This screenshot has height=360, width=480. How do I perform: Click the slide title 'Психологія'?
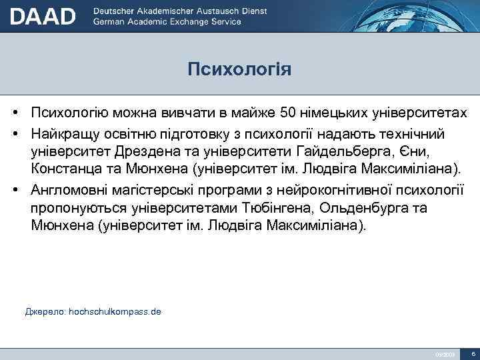[x=239, y=69]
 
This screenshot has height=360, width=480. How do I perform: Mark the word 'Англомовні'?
[x=68, y=189]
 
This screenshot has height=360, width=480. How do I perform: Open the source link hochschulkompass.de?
[x=115, y=311]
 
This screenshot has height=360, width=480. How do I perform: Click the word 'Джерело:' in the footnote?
[x=45, y=311]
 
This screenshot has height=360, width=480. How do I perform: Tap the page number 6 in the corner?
[x=472, y=353]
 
